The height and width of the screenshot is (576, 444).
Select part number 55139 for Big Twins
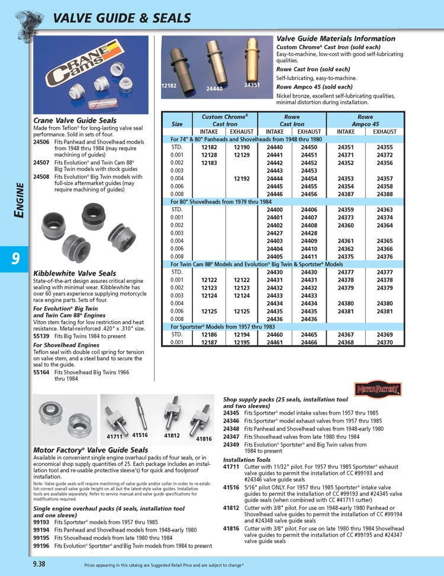click(41, 336)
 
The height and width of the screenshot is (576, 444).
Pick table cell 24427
click(274, 233)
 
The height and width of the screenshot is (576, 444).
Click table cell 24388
click(385, 193)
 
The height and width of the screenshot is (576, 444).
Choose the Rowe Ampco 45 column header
click(369, 121)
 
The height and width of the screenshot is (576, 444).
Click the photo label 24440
click(214, 89)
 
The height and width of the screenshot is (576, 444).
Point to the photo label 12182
click(169, 86)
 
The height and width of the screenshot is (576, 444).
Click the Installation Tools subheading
click(247, 459)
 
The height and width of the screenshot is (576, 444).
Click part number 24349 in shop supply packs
click(231, 444)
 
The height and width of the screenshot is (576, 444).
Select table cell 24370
click(385, 342)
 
